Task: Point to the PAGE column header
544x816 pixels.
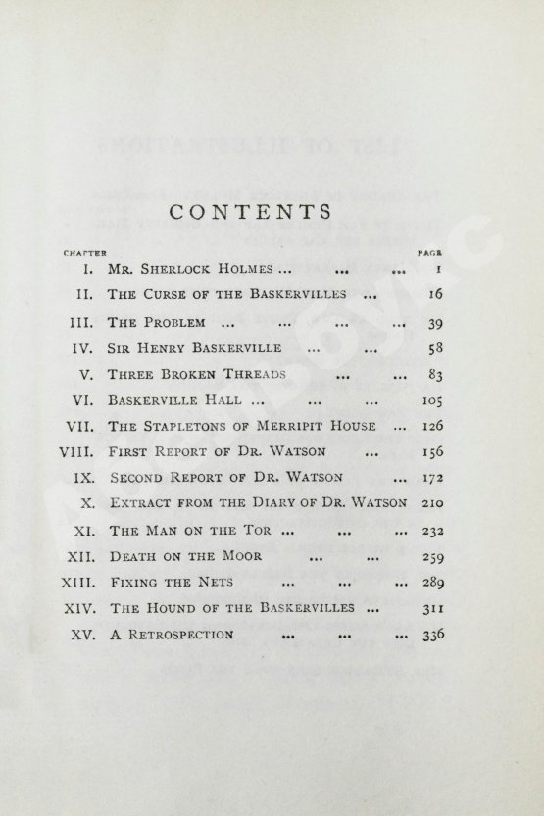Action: tap(431, 252)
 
